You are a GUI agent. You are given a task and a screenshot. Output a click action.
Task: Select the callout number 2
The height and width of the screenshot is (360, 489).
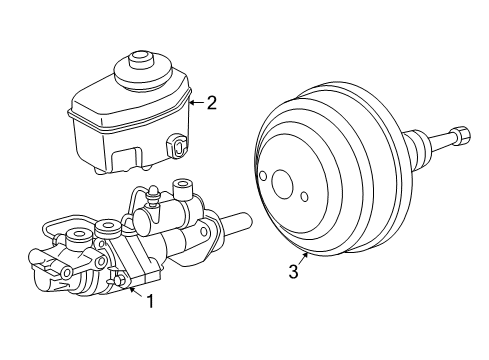[212, 101]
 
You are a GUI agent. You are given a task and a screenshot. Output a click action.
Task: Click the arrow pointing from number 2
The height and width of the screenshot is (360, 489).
[196, 101]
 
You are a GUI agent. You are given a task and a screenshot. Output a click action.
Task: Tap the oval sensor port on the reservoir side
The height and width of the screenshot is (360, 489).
[179, 146]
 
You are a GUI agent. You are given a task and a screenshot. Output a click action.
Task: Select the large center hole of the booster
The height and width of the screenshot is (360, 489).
[282, 186]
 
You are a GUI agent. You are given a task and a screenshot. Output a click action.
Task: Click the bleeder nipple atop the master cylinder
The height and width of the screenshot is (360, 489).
[152, 193]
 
